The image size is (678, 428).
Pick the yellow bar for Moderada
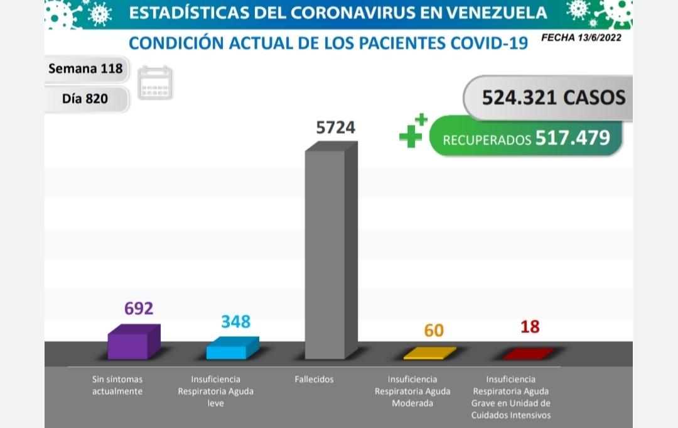429,353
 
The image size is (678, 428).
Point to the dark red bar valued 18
528,354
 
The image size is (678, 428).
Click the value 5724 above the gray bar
335,128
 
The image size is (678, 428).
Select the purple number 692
139,309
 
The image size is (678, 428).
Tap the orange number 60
434,331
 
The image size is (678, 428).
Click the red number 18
530,327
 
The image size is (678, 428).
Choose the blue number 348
235,322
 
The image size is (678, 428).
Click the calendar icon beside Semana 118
155,82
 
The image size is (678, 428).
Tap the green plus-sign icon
412,131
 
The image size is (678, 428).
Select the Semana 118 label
85,69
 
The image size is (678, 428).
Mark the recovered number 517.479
572,138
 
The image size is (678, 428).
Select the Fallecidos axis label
314,380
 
